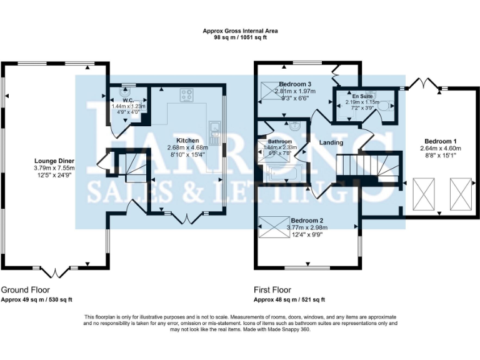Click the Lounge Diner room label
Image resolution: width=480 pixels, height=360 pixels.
54,161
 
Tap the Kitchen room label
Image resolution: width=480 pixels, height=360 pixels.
187,141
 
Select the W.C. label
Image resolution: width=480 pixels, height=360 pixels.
129,100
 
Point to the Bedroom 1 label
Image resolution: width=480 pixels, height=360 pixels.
441,141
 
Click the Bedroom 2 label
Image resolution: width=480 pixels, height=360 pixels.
307,221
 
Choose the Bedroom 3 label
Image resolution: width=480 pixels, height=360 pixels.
296,84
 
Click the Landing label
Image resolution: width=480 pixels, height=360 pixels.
331,143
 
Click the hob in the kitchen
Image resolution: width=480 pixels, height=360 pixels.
186,96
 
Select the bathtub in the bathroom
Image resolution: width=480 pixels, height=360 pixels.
282,173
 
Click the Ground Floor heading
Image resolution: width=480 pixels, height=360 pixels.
25,290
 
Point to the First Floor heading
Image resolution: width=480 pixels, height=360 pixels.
272,290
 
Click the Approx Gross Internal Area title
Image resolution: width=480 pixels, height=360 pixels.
241,31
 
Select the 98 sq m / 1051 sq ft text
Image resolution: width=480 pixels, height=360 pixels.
241,37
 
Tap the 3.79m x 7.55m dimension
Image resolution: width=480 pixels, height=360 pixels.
54,168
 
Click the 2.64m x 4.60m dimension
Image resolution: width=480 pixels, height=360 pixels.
441,148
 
